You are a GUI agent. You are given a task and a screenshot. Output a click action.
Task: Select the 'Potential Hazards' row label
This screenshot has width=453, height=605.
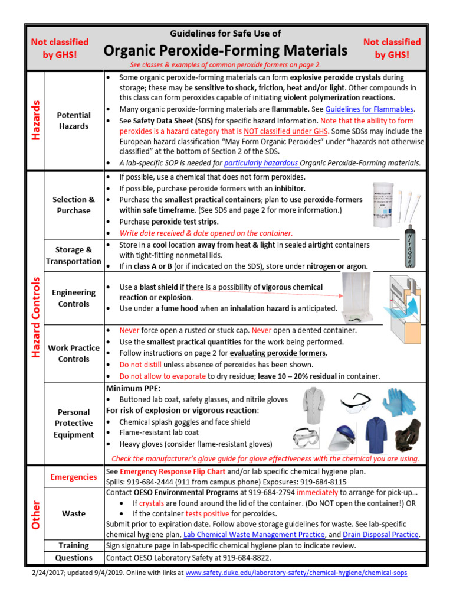click(74, 121)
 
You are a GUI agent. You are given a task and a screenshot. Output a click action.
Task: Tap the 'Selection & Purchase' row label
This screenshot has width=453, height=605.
click(74, 205)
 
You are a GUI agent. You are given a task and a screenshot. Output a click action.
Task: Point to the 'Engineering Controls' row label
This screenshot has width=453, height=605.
click(74, 298)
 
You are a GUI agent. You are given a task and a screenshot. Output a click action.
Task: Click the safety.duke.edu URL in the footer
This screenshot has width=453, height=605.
click(296, 573)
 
